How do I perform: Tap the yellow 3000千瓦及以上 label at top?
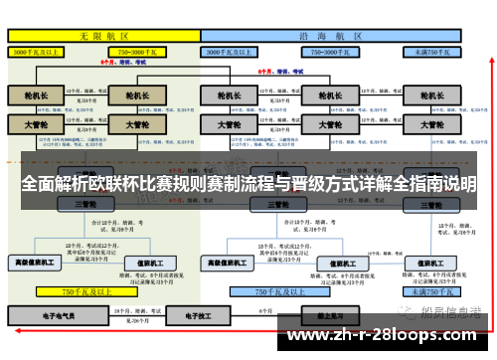(37, 51)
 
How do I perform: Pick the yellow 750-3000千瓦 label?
(138, 51)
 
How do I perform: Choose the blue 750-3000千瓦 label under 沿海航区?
(327, 51)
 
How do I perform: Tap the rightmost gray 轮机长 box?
(431, 96)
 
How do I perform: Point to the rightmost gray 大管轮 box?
(431, 125)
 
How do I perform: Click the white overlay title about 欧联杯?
(248, 185)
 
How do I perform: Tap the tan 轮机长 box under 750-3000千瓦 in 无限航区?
(131, 96)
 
